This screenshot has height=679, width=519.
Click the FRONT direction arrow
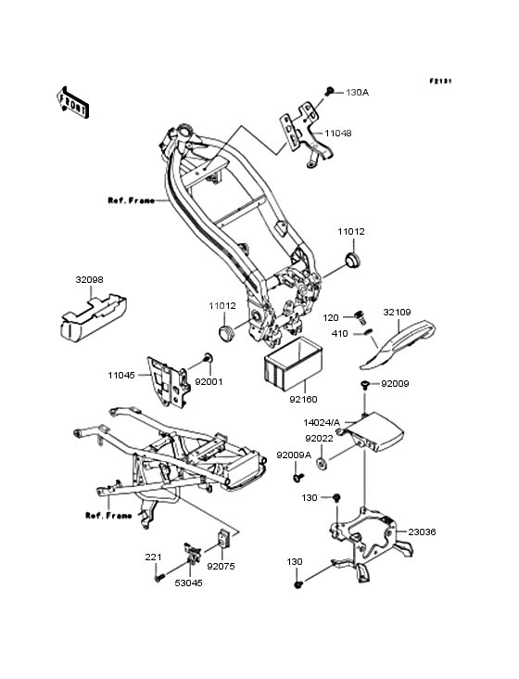(x=72, y=102)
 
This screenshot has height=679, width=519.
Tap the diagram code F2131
(x=440, y=81)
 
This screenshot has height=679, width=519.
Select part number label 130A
(x=357, y=92)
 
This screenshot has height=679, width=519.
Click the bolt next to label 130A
(x=330, y=92)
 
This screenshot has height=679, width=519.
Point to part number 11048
(x=338, y=133)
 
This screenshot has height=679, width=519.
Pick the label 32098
(x=90, y=280)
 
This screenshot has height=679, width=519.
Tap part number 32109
(x=397, y=313)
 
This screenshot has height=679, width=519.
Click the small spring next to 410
(x=367, y=333)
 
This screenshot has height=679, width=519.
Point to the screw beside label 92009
(x=365, y=384)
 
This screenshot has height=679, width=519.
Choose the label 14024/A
(x=322, y=422)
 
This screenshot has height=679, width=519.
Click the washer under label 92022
(x=322, y=464)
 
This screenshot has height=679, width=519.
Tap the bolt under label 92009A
(x=298, y=478)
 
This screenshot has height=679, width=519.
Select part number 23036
(x=422, y=532)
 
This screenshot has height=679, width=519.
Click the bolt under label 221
(x=159, y=577)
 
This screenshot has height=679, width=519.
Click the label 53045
(x=188, y=583)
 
